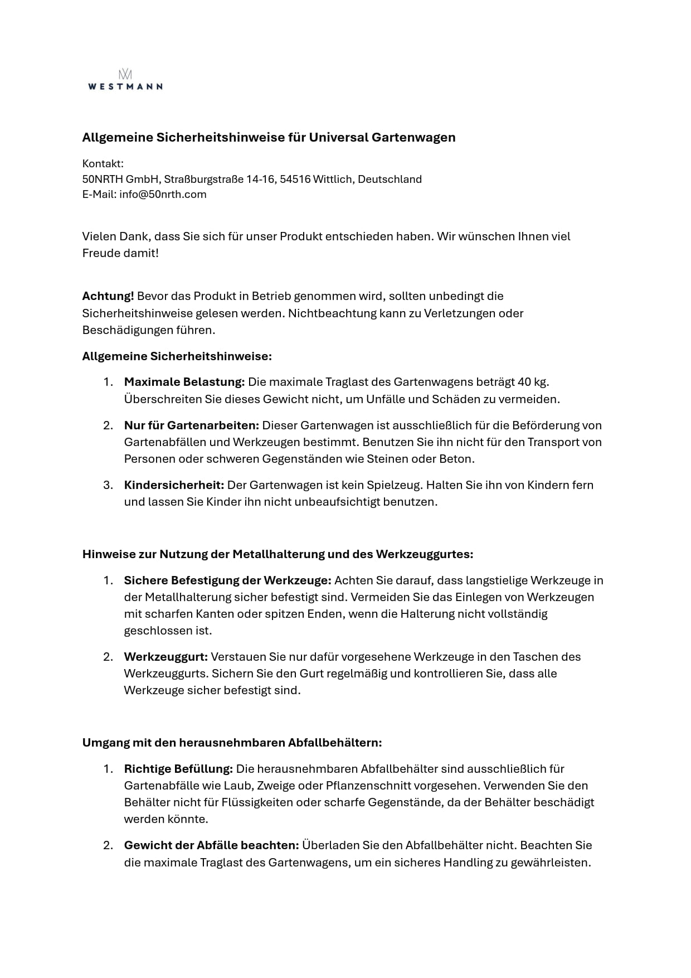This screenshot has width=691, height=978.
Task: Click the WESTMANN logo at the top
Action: point(125,80)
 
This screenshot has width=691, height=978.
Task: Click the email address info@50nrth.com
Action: point(163,195)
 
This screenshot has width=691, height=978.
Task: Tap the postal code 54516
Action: point(295,180)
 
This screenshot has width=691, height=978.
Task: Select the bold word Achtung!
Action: point(108,296)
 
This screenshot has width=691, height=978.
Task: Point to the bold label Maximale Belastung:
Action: point(184,382)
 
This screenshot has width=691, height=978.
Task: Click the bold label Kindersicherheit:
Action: point(174,485)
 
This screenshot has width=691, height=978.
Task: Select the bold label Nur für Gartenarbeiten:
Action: point(192,425)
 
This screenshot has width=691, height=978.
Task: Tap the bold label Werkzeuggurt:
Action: point(166,657)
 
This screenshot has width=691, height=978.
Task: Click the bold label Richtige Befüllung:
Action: point(178,769)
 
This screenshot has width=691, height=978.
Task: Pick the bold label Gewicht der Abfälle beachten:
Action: point(211,845)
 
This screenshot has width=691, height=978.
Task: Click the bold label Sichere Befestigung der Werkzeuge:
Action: point(227,580)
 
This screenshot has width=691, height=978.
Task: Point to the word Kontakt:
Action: point(103,164)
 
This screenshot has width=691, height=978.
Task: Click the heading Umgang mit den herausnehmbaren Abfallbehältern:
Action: point(232,743)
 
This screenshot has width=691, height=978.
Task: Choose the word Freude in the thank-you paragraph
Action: point(101,253)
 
